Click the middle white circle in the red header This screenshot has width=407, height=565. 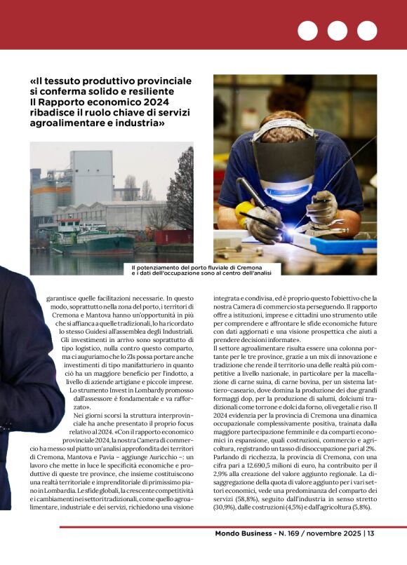point(337,31)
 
